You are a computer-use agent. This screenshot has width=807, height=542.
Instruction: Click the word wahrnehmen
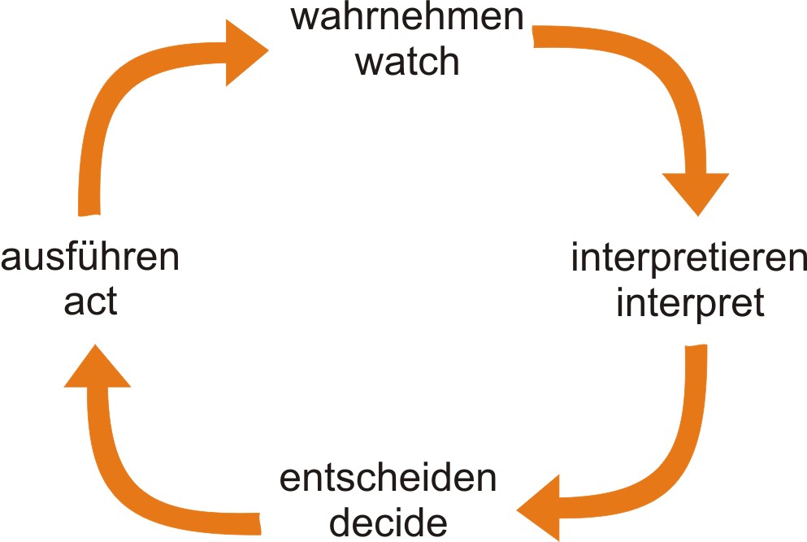click(407, 18)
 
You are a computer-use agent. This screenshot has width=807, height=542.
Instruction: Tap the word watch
click(407, 61)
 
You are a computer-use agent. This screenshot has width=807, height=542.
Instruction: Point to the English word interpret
click(689, 303)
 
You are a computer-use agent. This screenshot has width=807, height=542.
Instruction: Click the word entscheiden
click(388, 479)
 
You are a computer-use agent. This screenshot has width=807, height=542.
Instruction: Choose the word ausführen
click(90, 259)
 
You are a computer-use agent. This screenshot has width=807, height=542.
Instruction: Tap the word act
click(90, 303)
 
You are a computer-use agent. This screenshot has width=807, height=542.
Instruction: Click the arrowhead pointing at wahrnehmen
click(247, 53)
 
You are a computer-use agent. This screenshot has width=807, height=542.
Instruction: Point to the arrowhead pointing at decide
click(540, 508)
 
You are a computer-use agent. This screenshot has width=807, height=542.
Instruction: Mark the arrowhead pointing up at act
click(97, 367)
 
